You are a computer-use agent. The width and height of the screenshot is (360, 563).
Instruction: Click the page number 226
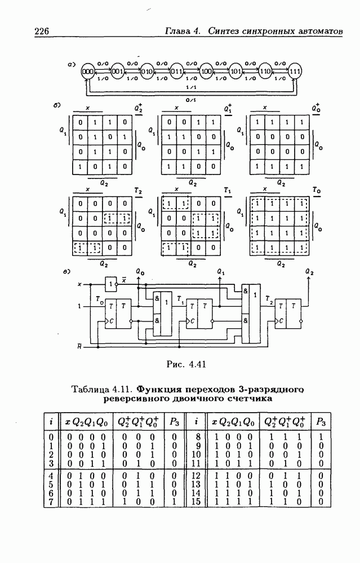pyautogui.click(x=45, y=32)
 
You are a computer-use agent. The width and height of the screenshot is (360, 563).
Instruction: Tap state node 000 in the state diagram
pyautogui.click(x=87, y=72)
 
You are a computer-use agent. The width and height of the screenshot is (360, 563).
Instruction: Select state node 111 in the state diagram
pyautogui.click(x=294, y=72)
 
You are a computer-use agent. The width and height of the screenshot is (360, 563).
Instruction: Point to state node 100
pyautogui.click(x=206, y=72)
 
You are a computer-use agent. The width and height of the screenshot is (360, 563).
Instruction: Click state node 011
pyautogui.click(x=176, y=72)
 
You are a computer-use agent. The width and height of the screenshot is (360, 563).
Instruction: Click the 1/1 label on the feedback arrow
pyautogui.click(x=192, y=88)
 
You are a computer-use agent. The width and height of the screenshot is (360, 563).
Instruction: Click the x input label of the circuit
pyautogui.click(x=79, y=284)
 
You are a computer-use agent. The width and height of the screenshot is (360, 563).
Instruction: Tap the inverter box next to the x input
pyautogui.click(x=111, y=284)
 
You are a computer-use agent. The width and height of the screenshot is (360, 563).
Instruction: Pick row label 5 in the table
pyautogui.click(x=52, y=483)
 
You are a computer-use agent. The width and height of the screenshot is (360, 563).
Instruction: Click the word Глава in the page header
pyautogui.click(x=177, y=32)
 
